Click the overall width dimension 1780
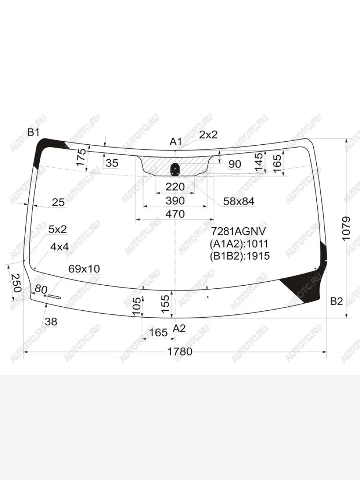(180, 352)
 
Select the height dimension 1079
(346, 229)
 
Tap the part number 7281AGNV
(238, 231)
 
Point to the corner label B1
(33, 132)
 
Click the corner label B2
(336, 302)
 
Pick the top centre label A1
(176, 142)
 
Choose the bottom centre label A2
(179, 328)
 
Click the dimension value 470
(175, 214)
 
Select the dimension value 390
(175, 201)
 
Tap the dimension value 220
(175, 187)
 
